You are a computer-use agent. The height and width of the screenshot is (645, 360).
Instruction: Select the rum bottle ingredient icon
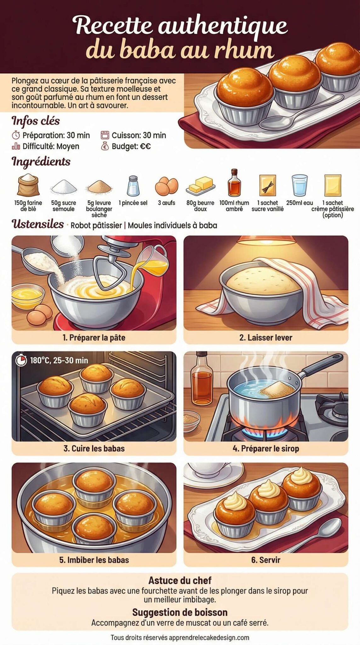point(234,183)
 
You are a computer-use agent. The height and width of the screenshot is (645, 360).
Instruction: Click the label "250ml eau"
point(299,203)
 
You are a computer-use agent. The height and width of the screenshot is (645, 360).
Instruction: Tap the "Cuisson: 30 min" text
point(139,135)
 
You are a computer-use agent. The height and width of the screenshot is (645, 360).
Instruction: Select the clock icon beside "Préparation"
point(16,135)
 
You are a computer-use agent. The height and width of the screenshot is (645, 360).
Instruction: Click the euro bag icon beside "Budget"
point(105,146)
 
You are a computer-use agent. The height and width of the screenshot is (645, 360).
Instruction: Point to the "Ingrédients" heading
point(41,162)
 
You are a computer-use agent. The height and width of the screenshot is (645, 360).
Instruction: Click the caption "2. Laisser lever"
point(266,338)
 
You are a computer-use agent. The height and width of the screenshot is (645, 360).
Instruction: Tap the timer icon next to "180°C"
point(21,360)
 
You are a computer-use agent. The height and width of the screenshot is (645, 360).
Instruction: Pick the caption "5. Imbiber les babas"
point(94,560)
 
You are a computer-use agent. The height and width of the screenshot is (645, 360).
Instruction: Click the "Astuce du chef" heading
point(180,580)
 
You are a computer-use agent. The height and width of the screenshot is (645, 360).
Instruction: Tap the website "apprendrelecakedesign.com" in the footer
point(209,638)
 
